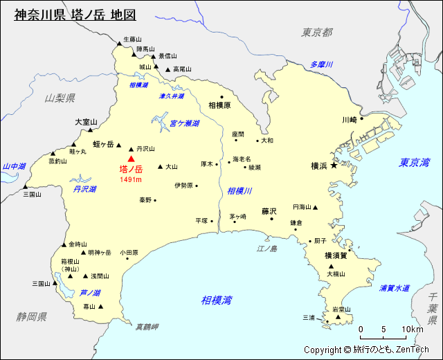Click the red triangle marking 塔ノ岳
point(131,159)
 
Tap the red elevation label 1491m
point(130,180)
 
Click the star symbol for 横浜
point(334,165)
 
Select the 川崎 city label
point(349,120)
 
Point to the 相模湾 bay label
point(217,300)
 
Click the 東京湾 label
point(414,163)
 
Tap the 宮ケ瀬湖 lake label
point(184,123)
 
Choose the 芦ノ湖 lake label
point(90,293)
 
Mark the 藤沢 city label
point(269,211)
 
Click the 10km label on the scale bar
point(413,329)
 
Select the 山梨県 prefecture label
point(60,98)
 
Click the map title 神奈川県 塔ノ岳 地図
point(75,15)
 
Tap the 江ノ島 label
point(266,249)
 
